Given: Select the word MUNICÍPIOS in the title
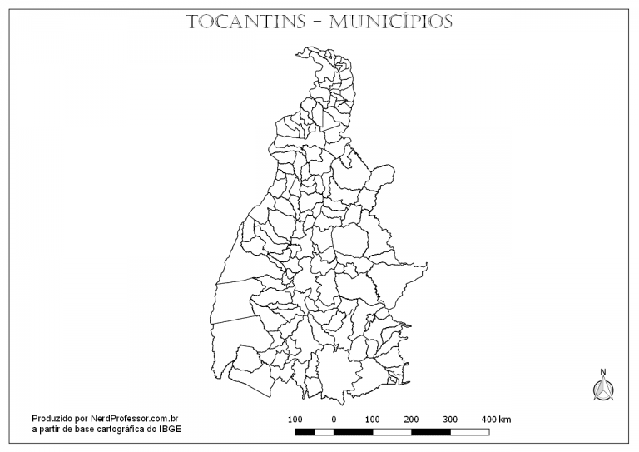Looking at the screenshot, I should point(390,22).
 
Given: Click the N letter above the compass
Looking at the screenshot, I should point(603,372).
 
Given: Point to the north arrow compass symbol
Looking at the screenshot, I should point(603,389).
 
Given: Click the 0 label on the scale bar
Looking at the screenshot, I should point(334,418).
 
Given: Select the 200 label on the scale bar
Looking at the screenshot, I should point(411,418).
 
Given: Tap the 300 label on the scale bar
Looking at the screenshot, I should point(450,418).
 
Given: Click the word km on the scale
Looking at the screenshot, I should point(505,418).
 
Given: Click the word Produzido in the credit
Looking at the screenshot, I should point(53,418).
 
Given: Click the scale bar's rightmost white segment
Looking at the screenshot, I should point(469,431).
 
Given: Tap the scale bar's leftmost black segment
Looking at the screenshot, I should point(305,431).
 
